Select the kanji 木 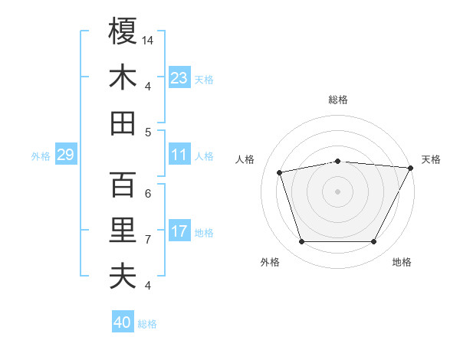pos(123,77)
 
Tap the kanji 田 pos(123,123)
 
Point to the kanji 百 pos(123,185)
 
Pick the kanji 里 pos(123,231)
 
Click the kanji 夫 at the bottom pos(123,276)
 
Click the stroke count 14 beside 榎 pos(148,40)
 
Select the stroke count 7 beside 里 pos(148,239)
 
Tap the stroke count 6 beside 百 pos(148,193)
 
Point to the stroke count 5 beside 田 pos(148,132)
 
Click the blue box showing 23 pos(179,78)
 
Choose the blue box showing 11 pos(179,155)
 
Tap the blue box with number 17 pos(179,232)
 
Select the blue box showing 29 pos(65,155)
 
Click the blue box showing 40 pos(123,322)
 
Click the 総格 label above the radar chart pos(338,100)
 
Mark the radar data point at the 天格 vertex pos(412,168)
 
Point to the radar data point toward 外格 pos(301,242)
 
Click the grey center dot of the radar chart pos(338,191)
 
